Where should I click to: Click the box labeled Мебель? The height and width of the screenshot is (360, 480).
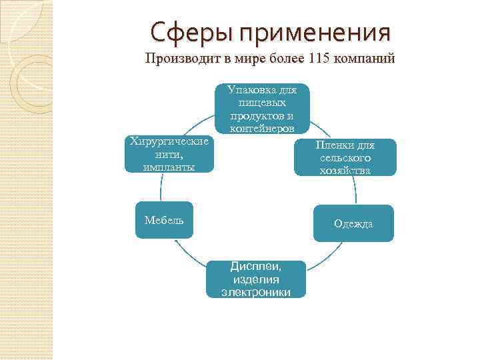coord(164,220)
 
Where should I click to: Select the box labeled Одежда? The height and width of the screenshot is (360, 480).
coord(353,223)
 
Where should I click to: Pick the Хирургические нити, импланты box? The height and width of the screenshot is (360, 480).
coord(169,154)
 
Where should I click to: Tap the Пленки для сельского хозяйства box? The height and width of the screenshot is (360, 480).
coord(345,157)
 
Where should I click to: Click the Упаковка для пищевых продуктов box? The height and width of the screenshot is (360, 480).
coord(262,108)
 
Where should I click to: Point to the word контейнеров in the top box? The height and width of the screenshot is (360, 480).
coord(262,128)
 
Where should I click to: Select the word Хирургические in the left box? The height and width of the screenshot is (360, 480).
coord(169,141)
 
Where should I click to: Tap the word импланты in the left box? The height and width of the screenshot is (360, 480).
coord(169,167)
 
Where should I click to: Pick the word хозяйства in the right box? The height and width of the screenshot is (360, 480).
coord(345,171)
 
